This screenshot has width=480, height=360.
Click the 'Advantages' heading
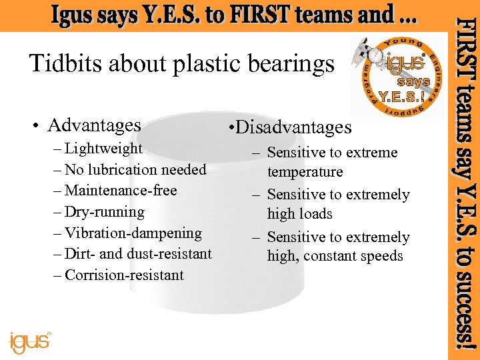[94, 125]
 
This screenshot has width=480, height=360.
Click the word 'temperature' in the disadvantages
[305, 172]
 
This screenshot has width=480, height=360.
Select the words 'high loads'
[299, 214]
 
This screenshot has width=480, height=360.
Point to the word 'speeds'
[381, 256]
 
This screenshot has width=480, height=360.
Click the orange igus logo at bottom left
[30, 342]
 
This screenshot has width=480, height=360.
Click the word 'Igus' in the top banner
[75, 15]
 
